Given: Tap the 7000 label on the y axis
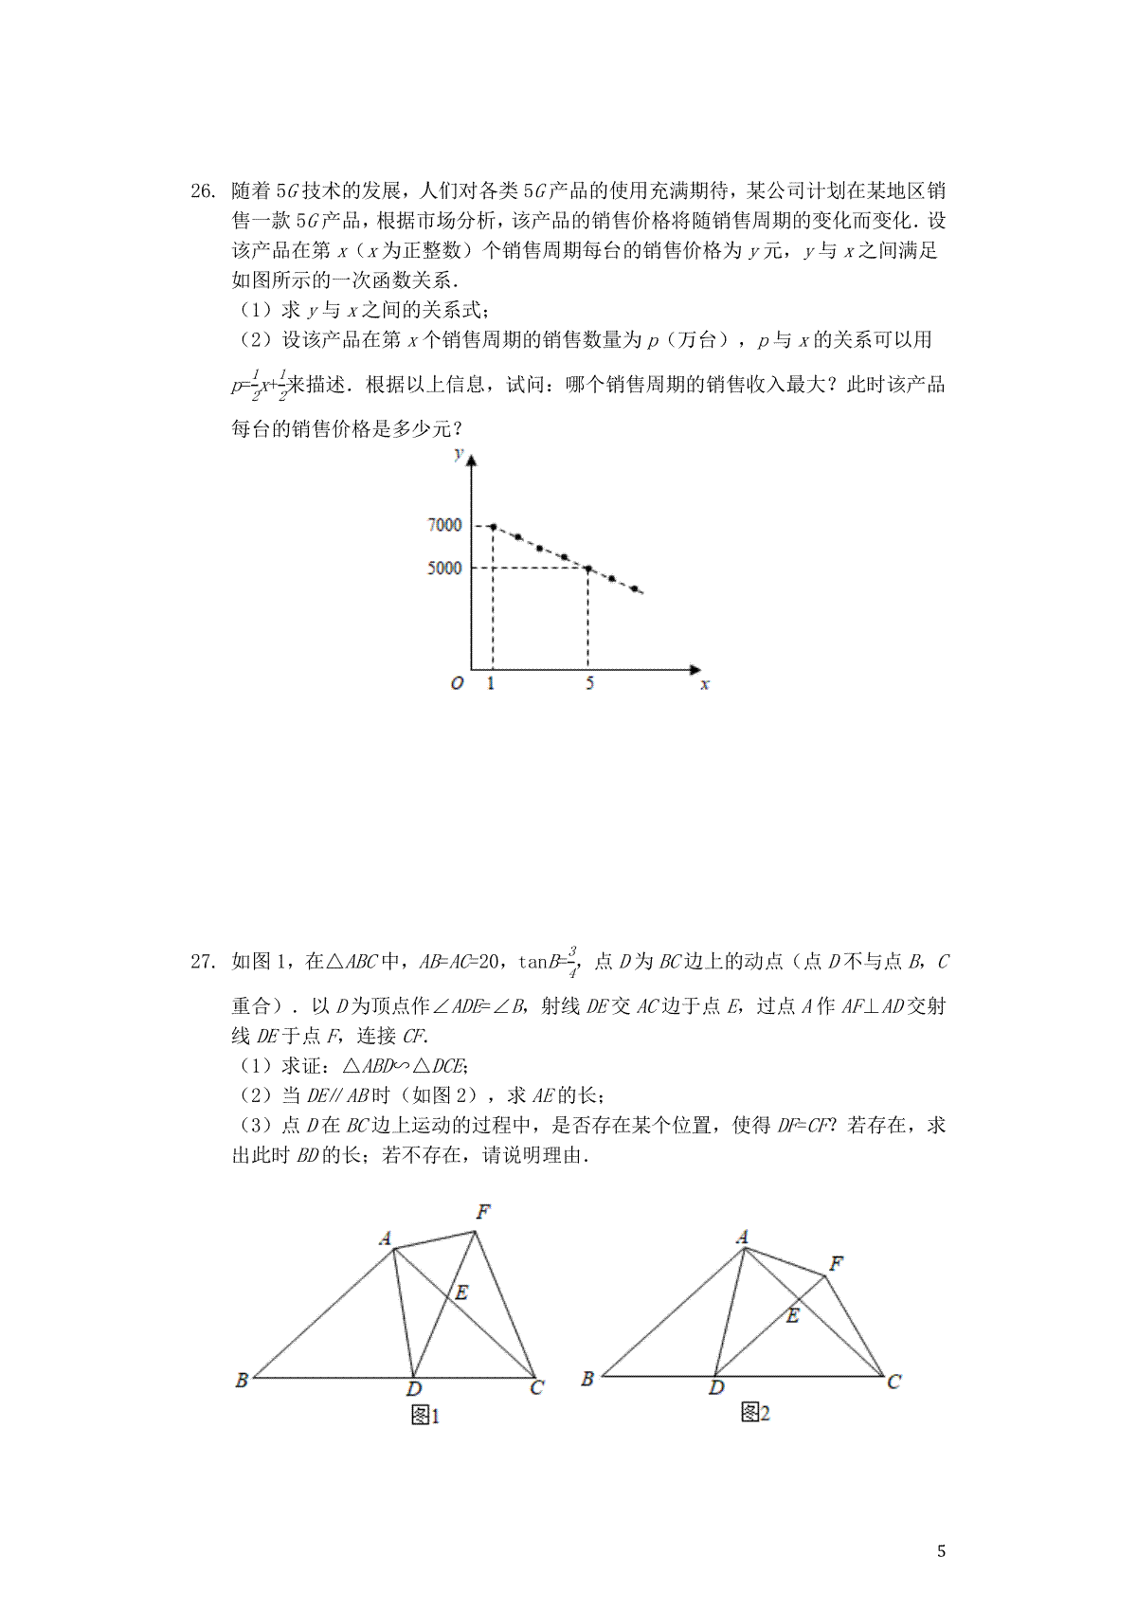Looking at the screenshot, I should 444,525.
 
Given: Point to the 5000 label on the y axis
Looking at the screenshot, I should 444,568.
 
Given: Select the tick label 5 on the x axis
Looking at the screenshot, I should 588,683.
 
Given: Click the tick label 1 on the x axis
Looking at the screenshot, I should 491,683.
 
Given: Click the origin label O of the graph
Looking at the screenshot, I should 457,683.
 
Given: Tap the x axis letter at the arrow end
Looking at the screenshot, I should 704,683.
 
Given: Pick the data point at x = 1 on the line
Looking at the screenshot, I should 493,526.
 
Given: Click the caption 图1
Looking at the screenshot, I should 424,1416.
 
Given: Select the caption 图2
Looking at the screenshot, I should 755,1413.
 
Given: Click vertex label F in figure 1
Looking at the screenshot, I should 483,1212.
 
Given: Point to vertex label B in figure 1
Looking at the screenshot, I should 242,1380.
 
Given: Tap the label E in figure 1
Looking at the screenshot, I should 461,1293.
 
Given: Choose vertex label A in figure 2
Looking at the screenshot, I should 742,1237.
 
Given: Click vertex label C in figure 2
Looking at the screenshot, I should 893,1382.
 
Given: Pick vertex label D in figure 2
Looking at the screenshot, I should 716,1387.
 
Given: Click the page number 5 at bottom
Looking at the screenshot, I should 941,1551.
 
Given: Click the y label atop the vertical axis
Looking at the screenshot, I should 460,454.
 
